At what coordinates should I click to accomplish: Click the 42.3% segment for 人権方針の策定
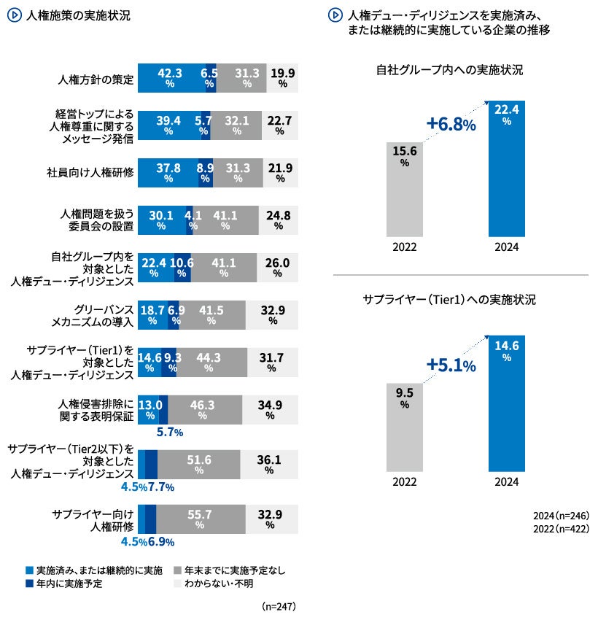171,78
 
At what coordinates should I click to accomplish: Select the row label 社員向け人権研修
90,174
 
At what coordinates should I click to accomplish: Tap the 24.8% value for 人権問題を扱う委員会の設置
278,220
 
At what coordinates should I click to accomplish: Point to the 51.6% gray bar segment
199,465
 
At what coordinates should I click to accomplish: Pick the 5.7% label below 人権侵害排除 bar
169,433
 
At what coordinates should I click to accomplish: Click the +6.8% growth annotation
451,125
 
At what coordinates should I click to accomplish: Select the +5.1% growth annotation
451,365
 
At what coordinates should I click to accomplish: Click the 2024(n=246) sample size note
560,515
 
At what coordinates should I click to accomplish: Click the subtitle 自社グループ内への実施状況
449,71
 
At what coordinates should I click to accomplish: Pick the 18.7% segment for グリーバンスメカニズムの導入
152,315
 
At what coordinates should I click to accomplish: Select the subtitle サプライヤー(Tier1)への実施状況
449,300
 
